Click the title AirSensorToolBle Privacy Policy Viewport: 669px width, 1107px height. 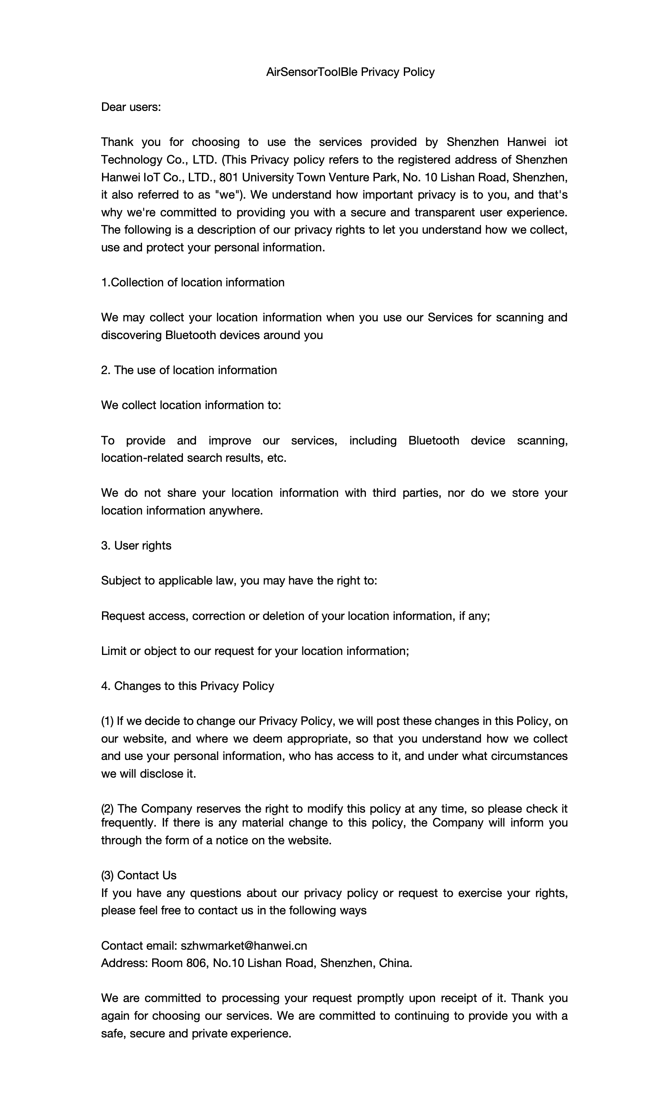[x=350, y=72]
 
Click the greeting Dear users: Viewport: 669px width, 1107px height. [x=131, y=107]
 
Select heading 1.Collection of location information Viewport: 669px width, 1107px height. [x=193, y=283]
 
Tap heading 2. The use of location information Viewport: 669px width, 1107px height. [x=188, y=370]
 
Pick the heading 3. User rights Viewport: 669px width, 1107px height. [x=136, y=545]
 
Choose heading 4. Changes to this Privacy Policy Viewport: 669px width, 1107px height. [x=187, y=686]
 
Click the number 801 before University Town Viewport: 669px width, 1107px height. [x=228, y=178]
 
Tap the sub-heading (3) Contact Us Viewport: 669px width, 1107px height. [x=139, y=875]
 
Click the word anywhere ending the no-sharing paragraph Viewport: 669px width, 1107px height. [x=235, y=511]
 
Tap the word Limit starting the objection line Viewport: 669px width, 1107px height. [x=113, y=651]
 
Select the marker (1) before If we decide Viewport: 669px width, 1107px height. [x=107, y=721]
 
